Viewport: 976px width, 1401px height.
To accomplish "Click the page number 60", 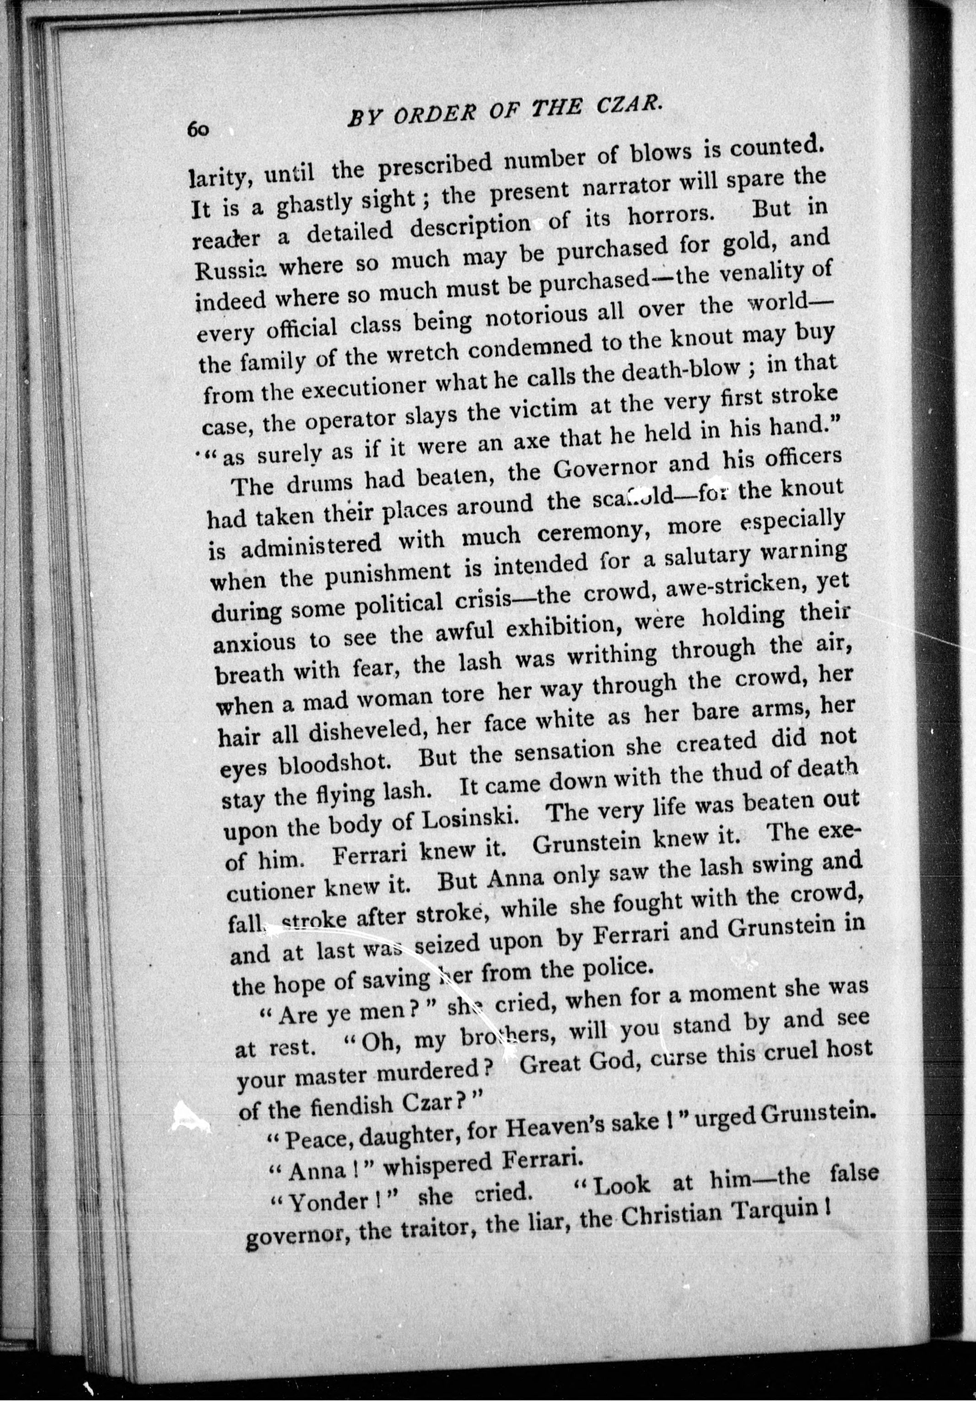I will (x=200, y=130).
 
